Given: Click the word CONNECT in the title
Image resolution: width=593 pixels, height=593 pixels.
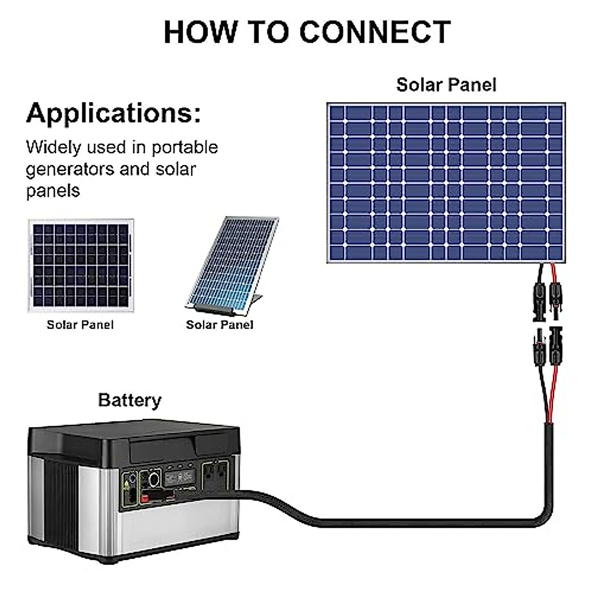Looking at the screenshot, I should tap(376, 32).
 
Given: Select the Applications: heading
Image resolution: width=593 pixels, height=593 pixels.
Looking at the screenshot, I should tap(114, 114).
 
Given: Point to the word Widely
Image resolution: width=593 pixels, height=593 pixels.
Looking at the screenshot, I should tap(53, 147).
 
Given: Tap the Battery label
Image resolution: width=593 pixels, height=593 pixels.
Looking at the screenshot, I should tap(129, 400).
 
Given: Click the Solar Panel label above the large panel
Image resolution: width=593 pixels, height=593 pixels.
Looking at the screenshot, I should tap(446, 85).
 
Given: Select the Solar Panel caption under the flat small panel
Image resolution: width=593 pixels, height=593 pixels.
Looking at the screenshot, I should tap(80, 325).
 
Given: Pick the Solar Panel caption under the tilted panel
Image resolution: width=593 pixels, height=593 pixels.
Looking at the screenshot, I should tap(219, 325).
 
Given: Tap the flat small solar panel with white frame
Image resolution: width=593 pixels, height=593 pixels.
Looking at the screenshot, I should tap(81, 265).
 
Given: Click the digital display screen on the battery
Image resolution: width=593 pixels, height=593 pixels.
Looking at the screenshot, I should tap(179, 478).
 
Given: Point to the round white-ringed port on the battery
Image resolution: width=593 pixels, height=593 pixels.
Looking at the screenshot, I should tap(154, 478).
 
